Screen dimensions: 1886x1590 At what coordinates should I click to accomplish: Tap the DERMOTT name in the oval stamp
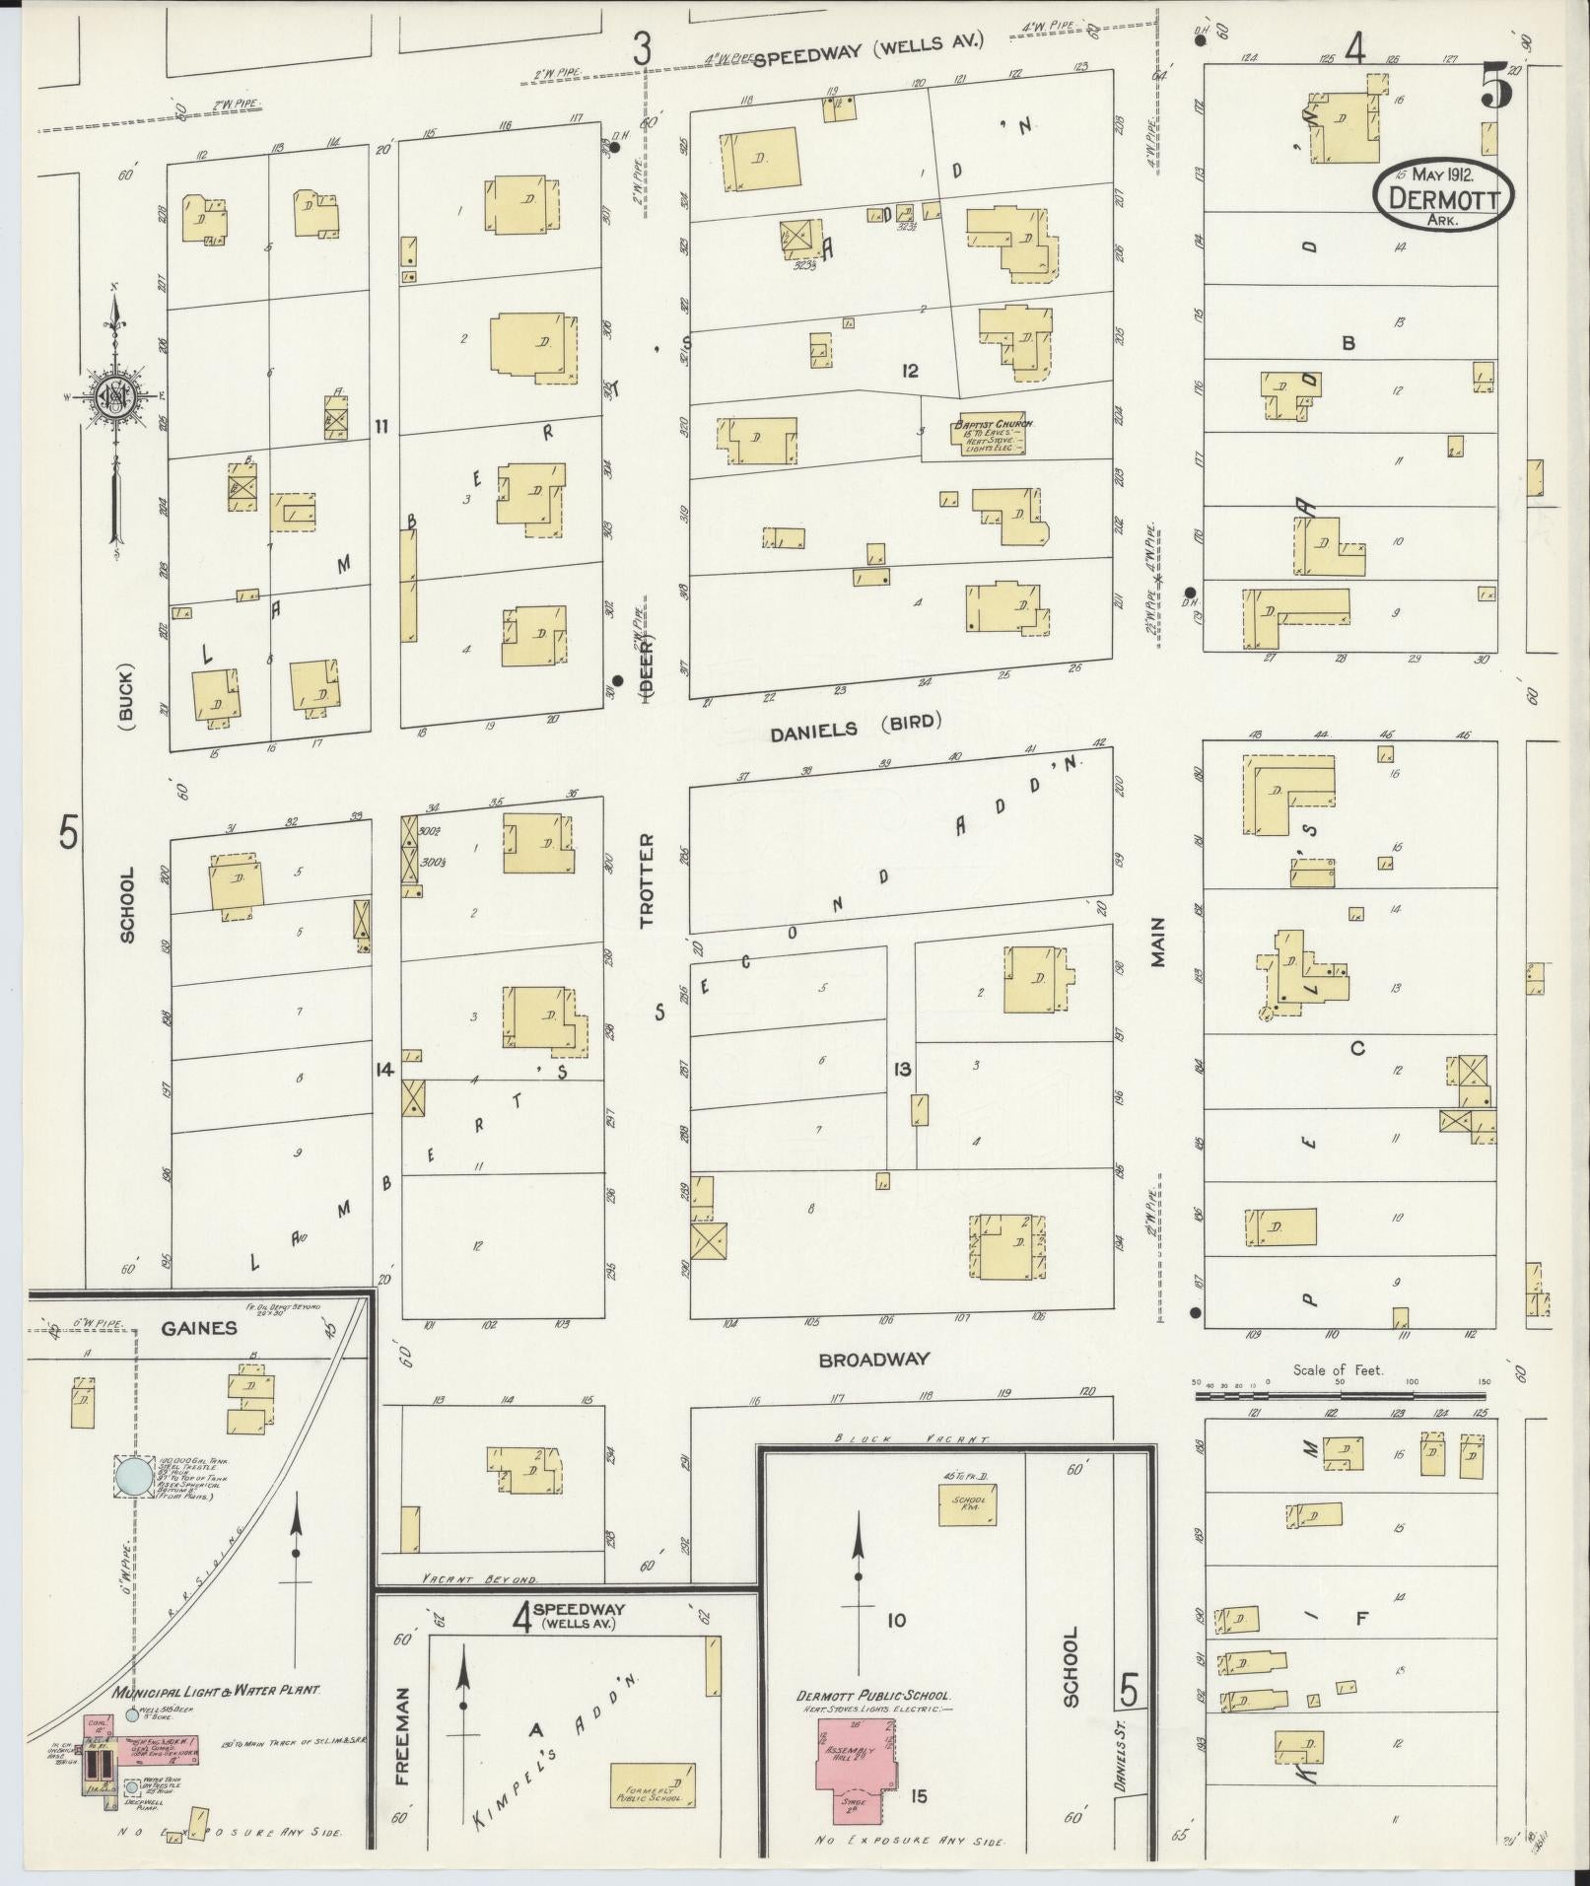click(x=1443, y=198)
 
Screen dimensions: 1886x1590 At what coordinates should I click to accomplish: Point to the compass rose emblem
click(x=116, y=396)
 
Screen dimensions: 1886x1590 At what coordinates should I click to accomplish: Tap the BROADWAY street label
click(x=874, y=1360)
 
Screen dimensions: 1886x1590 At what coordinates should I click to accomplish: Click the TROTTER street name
click(x=647, y=880)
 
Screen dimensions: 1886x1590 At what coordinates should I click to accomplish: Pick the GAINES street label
click(x=200, y=1328)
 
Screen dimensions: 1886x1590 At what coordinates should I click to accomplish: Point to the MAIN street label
click(x=1157, y=942)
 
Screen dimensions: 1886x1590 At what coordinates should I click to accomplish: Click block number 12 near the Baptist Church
click(x=909, y=371)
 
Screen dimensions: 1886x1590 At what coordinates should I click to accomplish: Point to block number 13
click(x=901, y=1070)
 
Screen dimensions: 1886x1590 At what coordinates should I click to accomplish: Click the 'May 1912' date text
click(x=1441, y=175)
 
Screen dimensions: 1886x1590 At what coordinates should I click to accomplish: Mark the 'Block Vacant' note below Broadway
click(x=889, y=1438)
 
